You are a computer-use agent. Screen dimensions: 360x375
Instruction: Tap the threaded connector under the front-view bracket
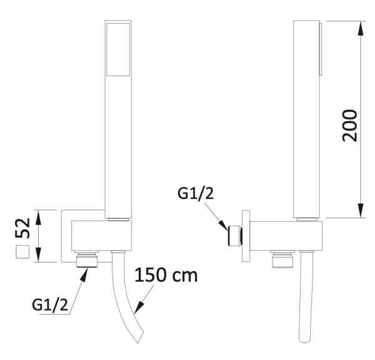tap(87, 259)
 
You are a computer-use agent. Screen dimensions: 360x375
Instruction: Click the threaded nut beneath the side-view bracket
tap(279, 259)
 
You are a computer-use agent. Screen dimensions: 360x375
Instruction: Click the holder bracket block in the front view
tap(101, 236)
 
